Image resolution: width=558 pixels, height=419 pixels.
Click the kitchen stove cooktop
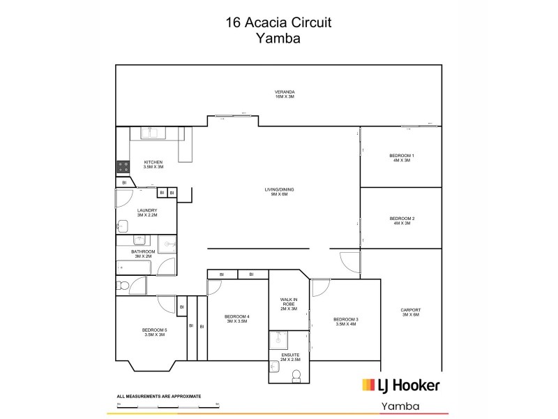coord(123,167)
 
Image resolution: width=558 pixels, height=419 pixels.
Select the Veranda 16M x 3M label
coord(285,94)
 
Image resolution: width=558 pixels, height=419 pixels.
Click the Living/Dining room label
coord(276,191)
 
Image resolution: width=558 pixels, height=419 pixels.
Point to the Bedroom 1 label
coord(402,157)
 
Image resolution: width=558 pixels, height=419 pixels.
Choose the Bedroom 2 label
coord(402,221)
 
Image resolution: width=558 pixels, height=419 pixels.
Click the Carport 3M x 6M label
coord(411,312)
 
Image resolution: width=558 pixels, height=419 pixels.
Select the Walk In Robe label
coord(289,304)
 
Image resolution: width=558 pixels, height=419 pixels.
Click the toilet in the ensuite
coord(296,376)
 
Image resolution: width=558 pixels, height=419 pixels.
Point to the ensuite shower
coord(279,339)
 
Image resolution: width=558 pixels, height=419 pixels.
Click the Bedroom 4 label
coord(237,320)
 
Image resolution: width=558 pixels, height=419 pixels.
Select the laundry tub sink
coord(122,226)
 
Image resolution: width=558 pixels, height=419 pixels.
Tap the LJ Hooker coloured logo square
coord(369,385)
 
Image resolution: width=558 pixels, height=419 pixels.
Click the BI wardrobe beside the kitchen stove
coord(124,183)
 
